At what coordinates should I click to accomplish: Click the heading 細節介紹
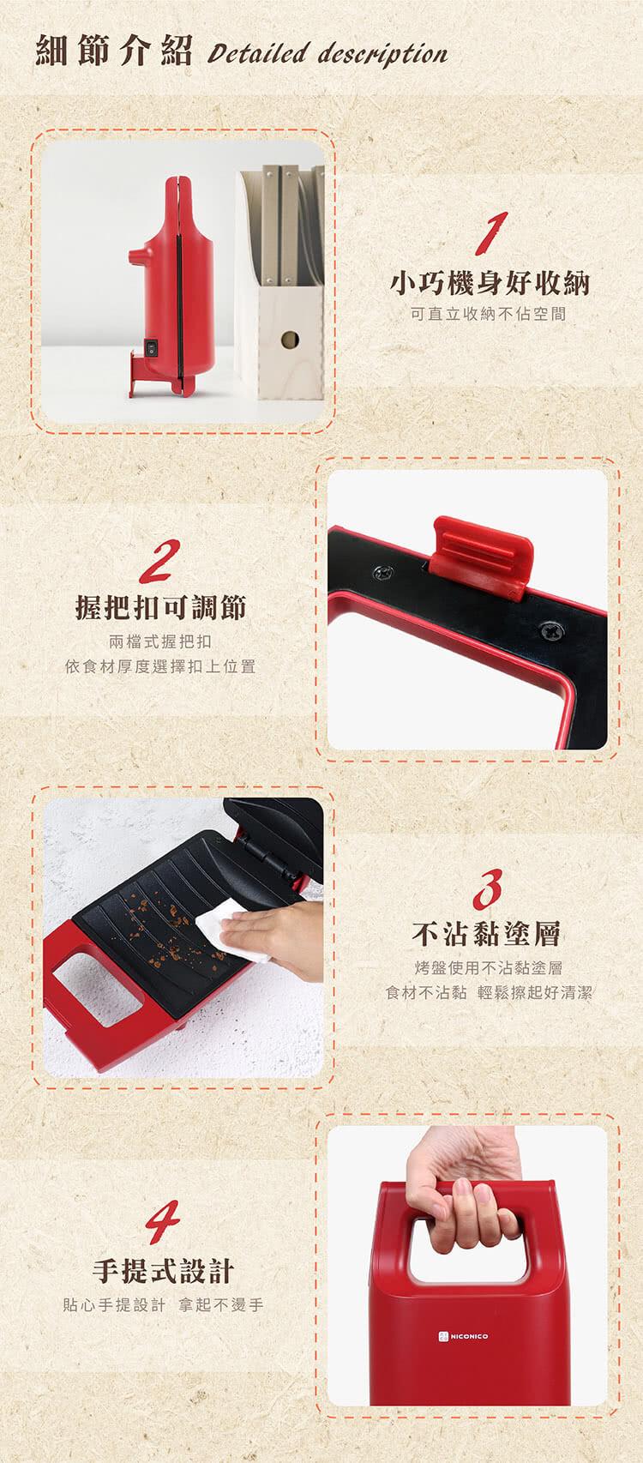[113, 51]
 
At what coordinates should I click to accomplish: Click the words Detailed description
[328, 53]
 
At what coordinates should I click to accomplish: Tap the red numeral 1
[491, 232]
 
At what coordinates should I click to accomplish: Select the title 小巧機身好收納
[489, 283]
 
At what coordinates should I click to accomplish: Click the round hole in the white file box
[290, 340]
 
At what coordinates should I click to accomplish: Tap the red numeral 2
[159, 561]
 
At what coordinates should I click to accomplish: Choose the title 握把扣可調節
[160, 607]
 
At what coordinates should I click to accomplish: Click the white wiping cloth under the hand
[231, 928]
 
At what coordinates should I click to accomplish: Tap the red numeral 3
[488, 889]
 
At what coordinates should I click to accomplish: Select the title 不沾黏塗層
[486, 934]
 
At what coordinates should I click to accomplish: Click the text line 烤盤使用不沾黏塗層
[489, 968]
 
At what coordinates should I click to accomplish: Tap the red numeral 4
[163, 1221]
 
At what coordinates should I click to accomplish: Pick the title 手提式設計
[163, 1270]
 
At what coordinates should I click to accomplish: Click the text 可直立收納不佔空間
[488, 314]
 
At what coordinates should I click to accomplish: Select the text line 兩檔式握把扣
[160, 641]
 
